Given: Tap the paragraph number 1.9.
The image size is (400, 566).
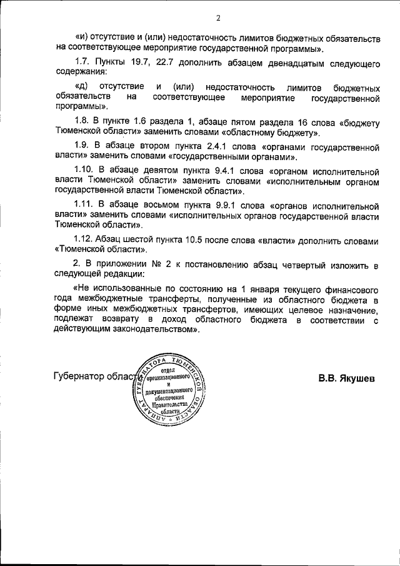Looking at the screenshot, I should [82, 147].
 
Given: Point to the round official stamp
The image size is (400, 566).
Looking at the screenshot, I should [167, 393].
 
